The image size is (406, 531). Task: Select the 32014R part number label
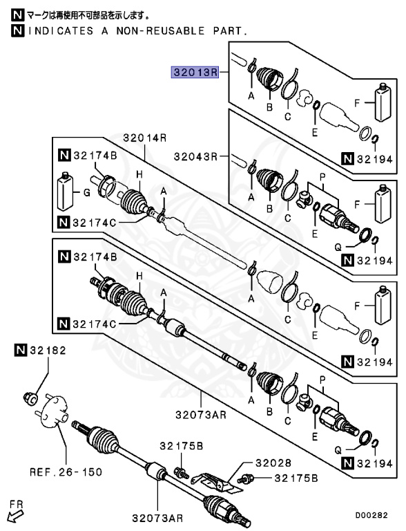(x=145, y=138)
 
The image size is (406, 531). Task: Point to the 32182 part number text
(x=47, y=351)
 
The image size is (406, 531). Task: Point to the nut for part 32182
(x=30, y=398)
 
